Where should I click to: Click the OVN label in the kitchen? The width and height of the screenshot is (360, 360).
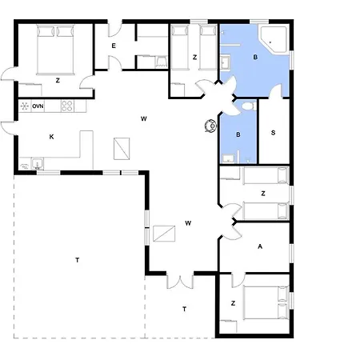click(38, 106)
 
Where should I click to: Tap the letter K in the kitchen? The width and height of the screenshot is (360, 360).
click(51, 137)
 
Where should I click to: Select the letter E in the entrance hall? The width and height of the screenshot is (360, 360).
click(114, 46)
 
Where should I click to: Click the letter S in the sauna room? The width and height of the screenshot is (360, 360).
click(273, 133)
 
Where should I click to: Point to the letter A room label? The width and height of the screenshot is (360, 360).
click(260, 246)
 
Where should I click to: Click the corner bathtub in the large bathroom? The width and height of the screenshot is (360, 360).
click(274, 38)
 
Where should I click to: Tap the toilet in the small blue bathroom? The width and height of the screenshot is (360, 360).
click(248, 106)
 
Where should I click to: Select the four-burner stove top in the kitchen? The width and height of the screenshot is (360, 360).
click(67, 106)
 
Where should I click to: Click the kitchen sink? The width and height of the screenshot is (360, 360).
click(38, 164)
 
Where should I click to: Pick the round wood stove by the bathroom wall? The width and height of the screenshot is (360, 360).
click(210, 125)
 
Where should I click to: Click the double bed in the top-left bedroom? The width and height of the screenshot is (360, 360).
click(55, 50)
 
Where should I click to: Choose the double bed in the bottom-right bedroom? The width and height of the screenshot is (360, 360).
click(266, 302)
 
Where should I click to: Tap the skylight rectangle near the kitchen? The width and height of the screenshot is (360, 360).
click(122, 149)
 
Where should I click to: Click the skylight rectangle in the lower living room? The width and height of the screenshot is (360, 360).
click(164, 234)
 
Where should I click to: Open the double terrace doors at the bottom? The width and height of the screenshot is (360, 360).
click(180, 282)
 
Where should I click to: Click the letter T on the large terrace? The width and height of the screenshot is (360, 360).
click(78, 260)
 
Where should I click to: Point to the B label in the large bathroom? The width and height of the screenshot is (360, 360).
click(255, 57)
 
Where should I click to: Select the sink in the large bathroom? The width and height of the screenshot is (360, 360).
click(226, 63)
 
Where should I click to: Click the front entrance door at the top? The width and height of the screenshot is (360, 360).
click(115, 30)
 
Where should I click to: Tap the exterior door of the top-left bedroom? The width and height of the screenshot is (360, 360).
click(8, 74)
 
